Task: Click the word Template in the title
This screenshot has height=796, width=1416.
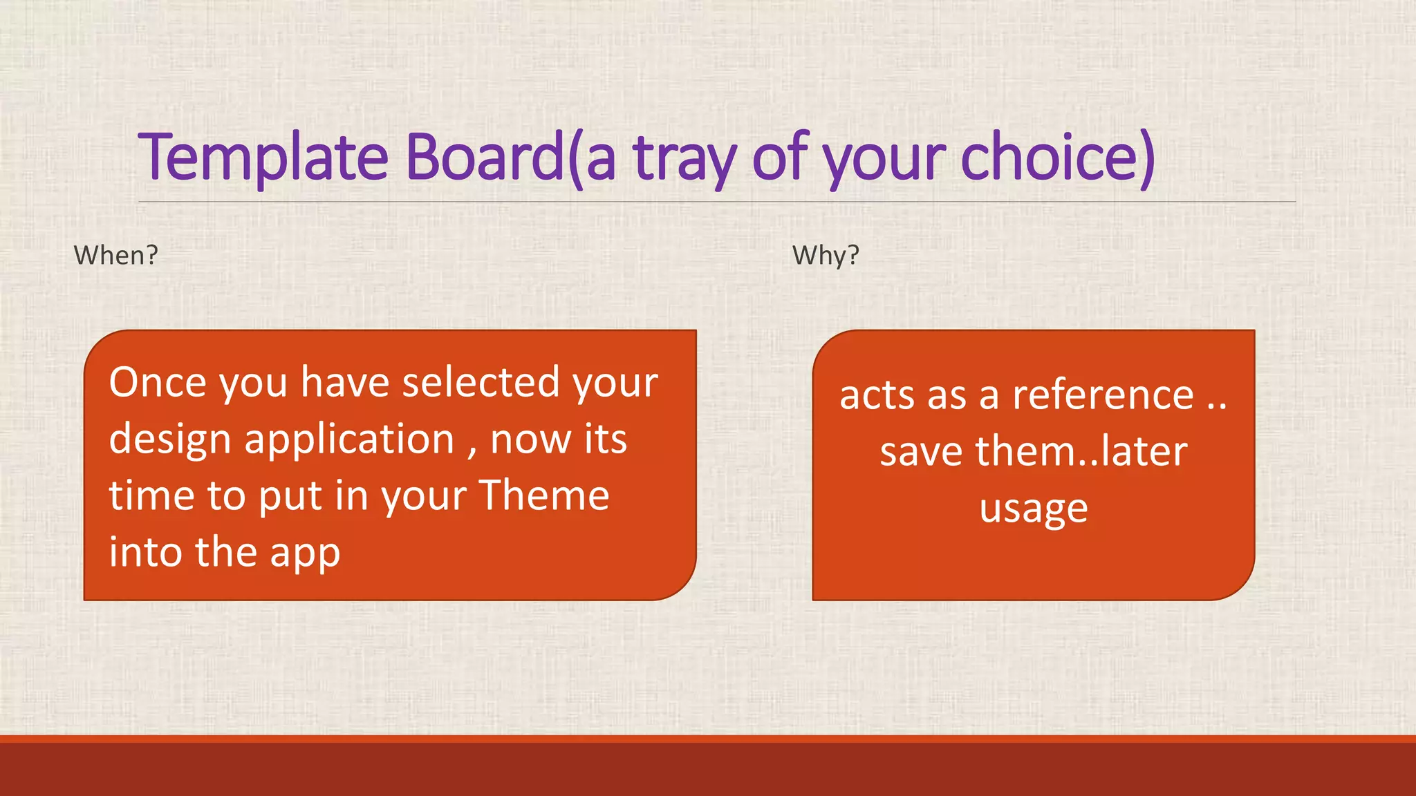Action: pyautogui.click(x=263, y=158)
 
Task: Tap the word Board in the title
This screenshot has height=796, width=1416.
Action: pyautogui.click(x=484, y=158)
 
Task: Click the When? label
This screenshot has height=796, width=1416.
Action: pyautogui.click(x=116, y=256)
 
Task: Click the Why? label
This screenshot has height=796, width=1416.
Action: pyautogui.click(x=826, y=256)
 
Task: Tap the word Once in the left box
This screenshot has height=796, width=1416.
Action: pyautogui.click(x=158, y=382)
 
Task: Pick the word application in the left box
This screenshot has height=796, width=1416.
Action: pyautogui.click(x=349, y=440)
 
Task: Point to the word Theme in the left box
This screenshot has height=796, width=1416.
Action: pyautogui.click(x=544, y=495)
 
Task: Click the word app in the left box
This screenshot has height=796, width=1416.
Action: pyautogui.click(x=305, y=553)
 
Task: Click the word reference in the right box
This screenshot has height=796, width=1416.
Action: pyautogui.click(x=1103, y=396)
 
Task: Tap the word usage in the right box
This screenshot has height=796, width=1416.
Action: pyautogui.click(x=1034, y=510)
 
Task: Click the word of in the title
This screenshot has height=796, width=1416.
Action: pyautogui.click(x=780, y=158)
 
